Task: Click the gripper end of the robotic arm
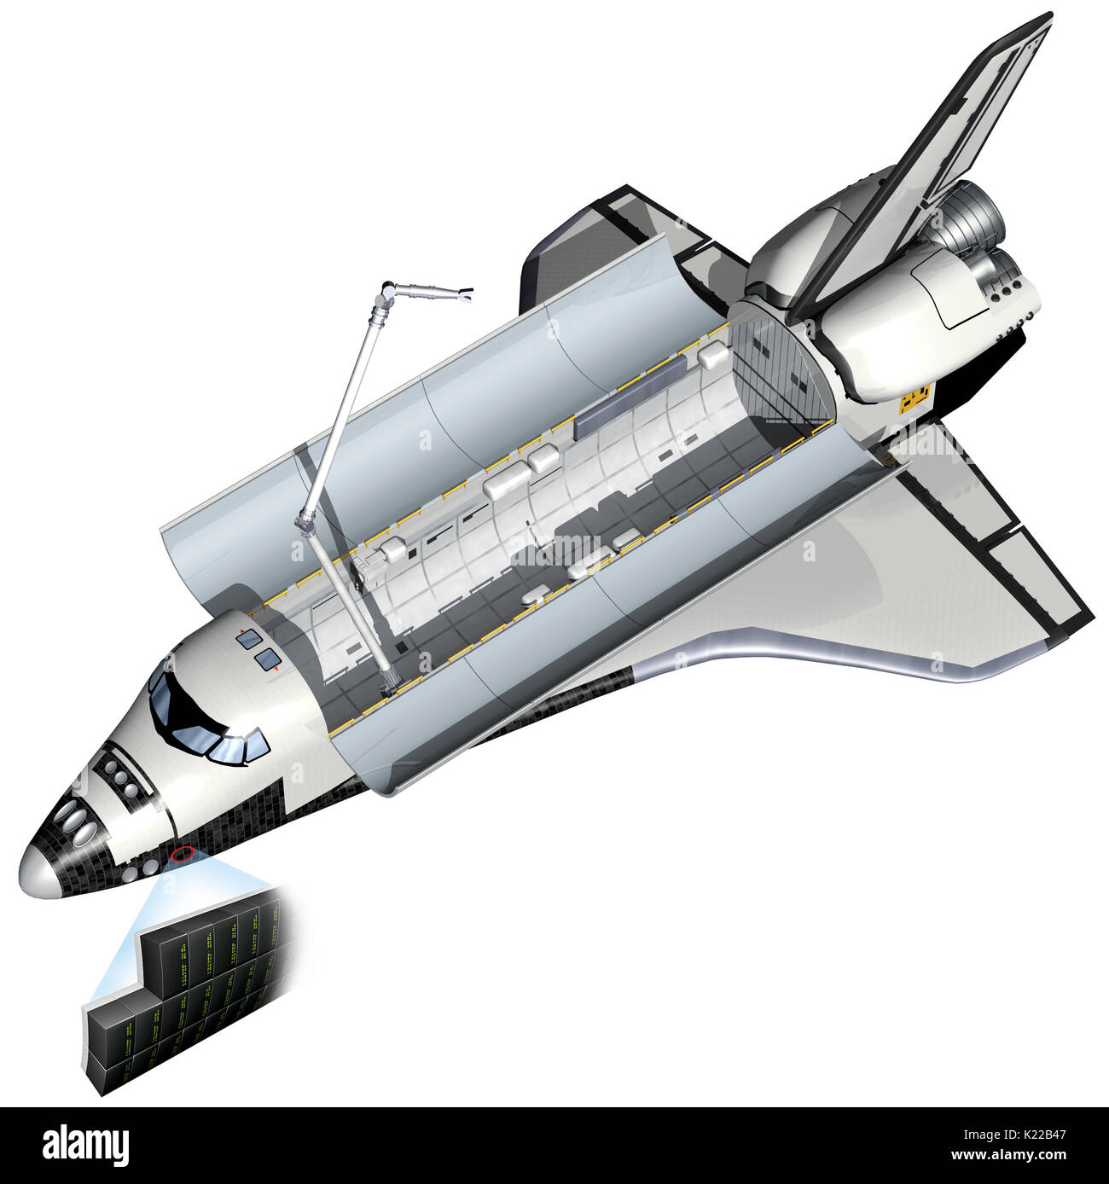(x=464, y=297)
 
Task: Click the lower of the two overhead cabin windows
(x=267, y=658)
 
